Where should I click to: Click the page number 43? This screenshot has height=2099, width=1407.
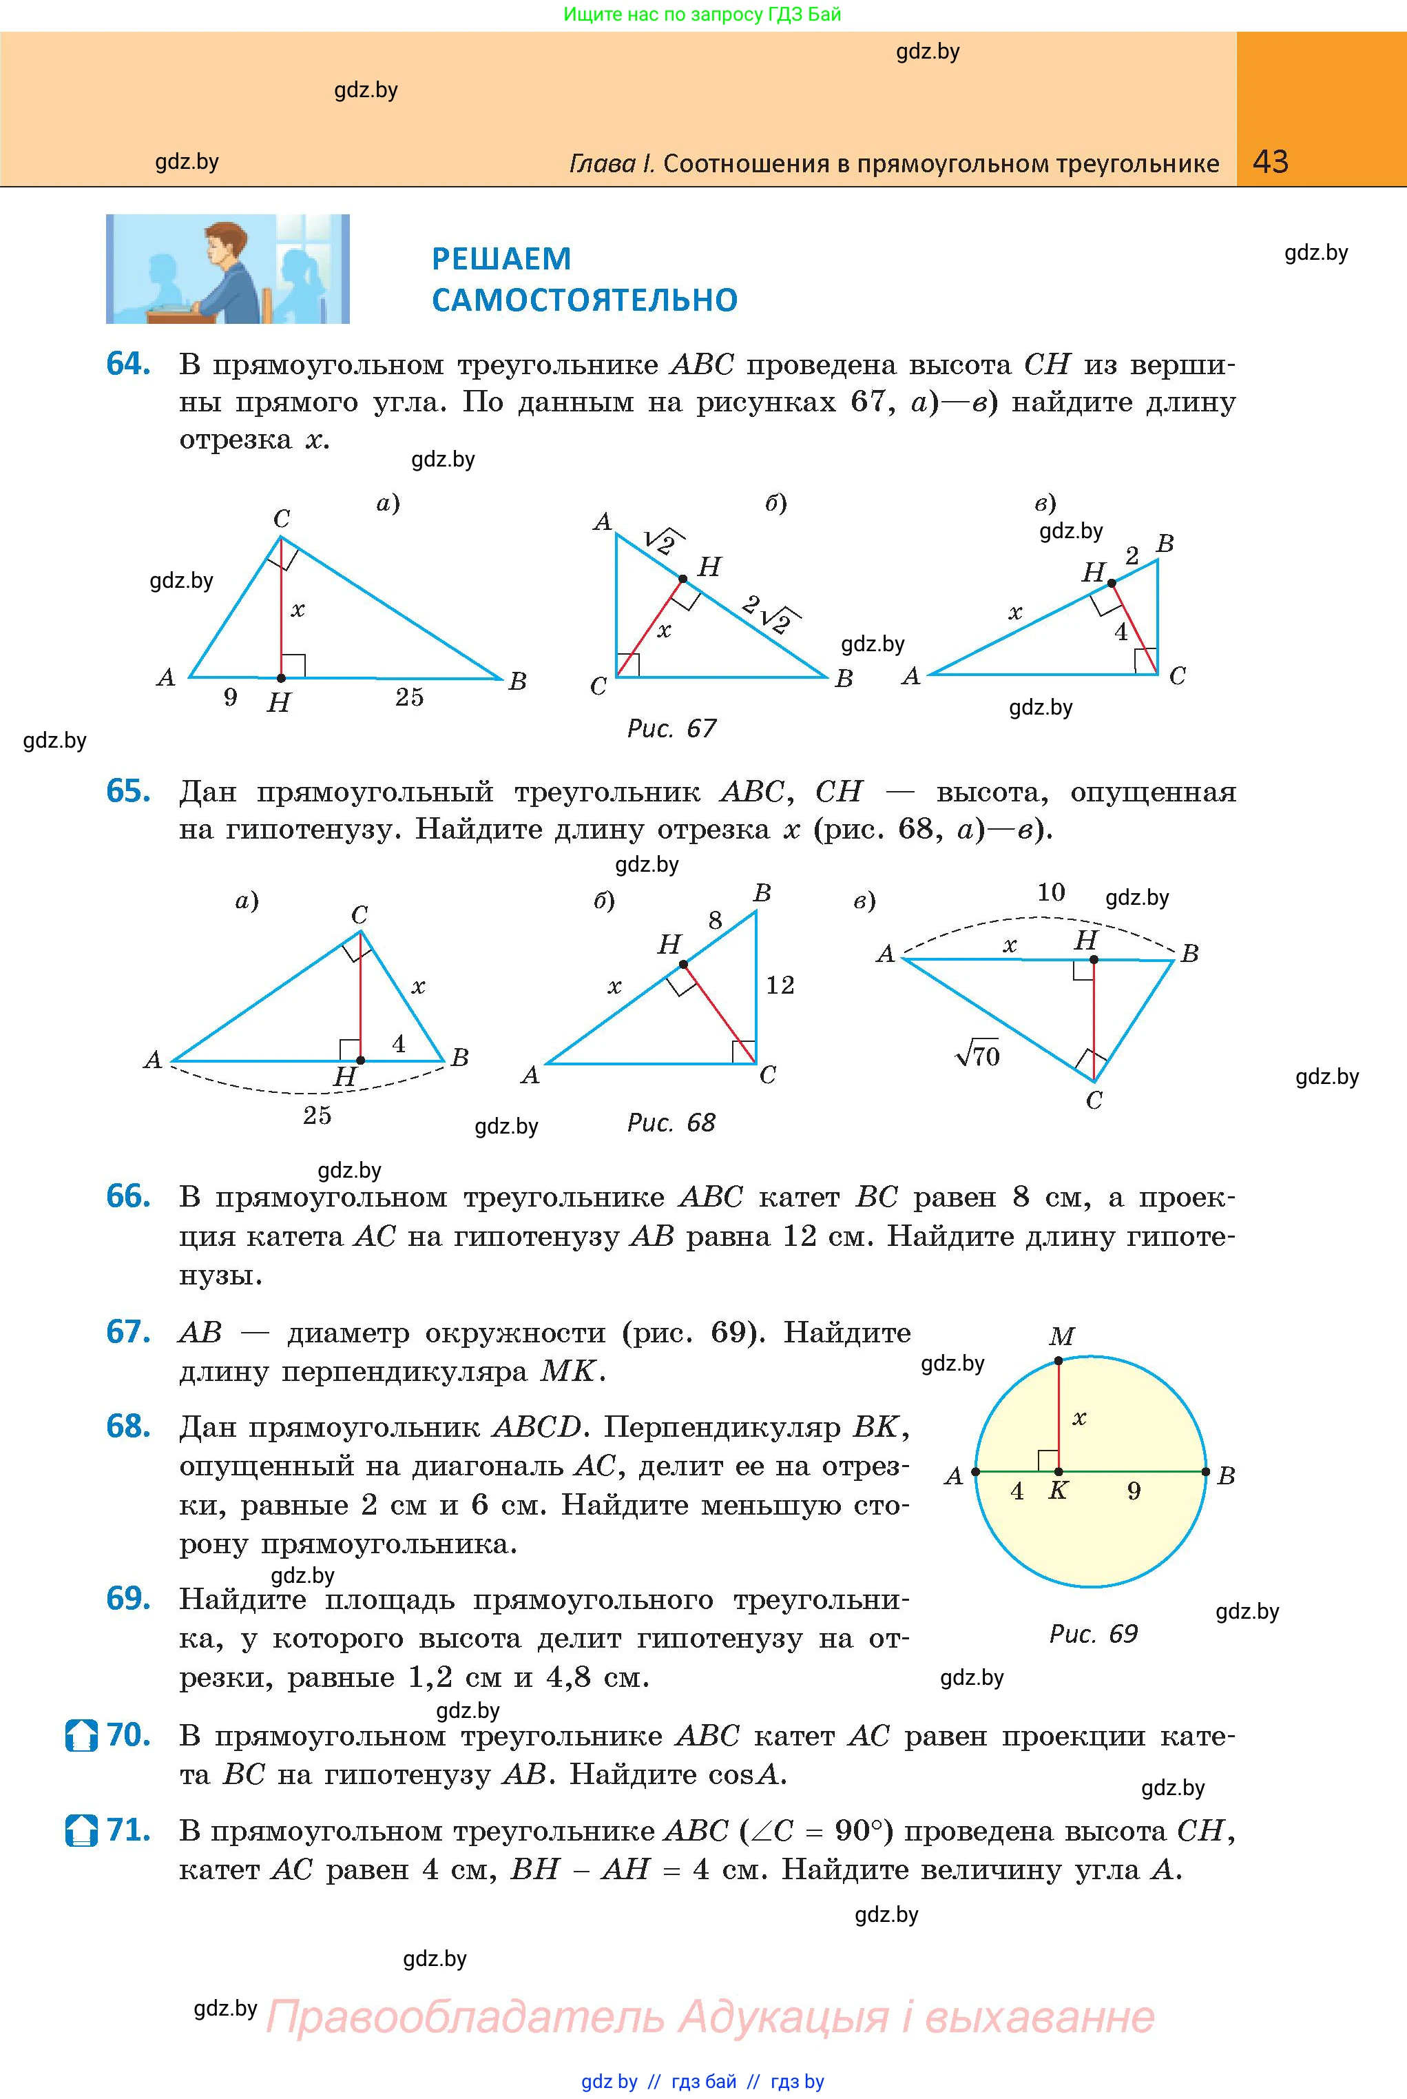coord(1270,162)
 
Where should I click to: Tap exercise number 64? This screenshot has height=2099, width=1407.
coord(127,364)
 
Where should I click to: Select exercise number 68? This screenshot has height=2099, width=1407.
coord(127,1426)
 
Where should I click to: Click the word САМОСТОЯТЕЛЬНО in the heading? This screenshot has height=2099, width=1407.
coord(584,300)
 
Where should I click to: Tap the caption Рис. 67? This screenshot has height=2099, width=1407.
coord(671,728)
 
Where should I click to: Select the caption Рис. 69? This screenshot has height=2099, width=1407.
coord(1093,1633)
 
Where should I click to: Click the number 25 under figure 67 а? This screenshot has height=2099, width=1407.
coord(409,697)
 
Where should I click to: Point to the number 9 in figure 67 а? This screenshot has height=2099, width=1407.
coord(231,697)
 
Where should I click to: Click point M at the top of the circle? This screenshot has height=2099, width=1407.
coord(1059,1361)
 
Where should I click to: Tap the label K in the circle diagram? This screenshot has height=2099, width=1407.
coord(1058,1491)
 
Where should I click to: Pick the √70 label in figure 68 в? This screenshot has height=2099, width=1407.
coord(977,1055)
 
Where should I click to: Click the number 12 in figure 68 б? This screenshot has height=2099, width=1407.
coord(780,985)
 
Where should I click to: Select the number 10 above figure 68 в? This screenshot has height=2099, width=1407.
coord(1051,892)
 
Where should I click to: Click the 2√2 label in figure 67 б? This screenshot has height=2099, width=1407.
coord(772,614)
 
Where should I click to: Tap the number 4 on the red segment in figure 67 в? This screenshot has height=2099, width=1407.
coord(1121,632)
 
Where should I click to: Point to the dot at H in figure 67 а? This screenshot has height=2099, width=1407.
coord(281,678)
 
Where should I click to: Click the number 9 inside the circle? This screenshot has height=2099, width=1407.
coord(1134,1491)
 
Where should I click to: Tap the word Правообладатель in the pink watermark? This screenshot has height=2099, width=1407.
coord(465,2016)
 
